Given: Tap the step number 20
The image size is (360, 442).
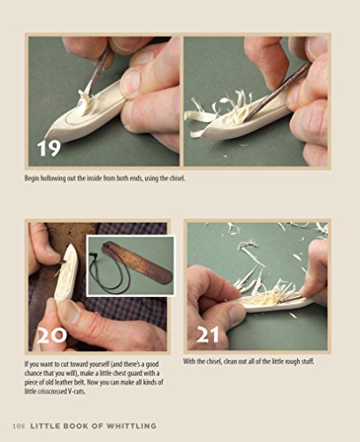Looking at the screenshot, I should point(50,335).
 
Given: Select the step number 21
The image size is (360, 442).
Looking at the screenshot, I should point(207,335).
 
